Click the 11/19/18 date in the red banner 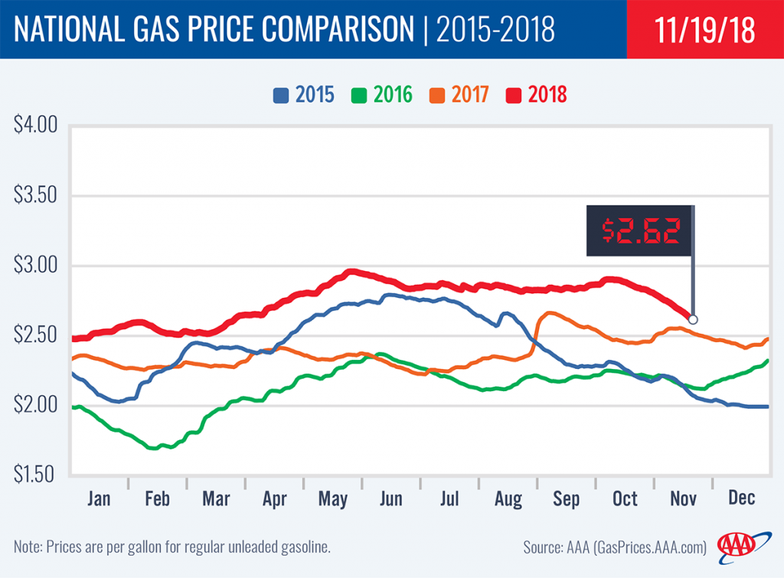coord(705,30)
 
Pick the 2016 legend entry coord(383,95)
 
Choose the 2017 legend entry coord(459,95)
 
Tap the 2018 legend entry coord(537,95)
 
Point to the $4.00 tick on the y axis coord(36,126)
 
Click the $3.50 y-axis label coord(36,196)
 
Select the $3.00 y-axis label coord(36,266)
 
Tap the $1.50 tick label coord(36,475)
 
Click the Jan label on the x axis coord(99,499)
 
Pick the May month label coord(333,499)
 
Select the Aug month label coord(508,499)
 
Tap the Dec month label coord(741,499)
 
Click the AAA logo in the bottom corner coord(738,545)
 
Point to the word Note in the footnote coord(28,547)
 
